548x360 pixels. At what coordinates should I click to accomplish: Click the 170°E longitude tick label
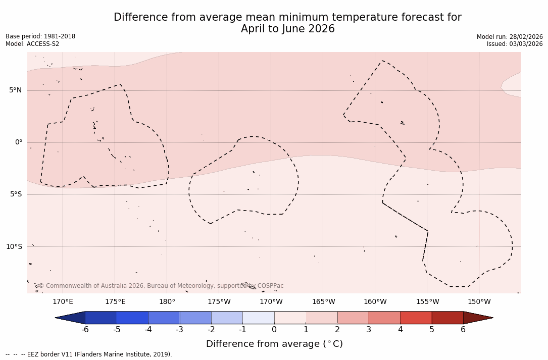pos(63,302)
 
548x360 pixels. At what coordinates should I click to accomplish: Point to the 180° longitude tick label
pos(167,302)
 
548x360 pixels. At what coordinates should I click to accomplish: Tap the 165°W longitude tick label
pos(323,302)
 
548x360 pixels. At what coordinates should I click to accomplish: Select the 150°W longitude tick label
pos(479,302)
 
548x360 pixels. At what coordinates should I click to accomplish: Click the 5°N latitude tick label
pos(15,90)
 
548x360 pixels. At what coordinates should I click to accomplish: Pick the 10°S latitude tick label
pos(14,247)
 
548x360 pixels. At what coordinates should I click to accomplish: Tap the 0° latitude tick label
pos(19,142)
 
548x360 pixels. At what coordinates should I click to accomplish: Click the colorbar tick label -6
pos(85,330)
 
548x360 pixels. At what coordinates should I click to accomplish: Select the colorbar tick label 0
pos(274,330)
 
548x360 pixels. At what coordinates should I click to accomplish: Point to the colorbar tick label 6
pos(463,330)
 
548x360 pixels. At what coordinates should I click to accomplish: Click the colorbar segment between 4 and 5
pos(416,318)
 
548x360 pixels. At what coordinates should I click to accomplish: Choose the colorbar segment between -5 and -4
pos(132,318)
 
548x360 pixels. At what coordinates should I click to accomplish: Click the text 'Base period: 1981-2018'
pos(40,36)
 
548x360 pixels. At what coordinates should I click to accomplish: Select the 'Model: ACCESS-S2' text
pos(32,44)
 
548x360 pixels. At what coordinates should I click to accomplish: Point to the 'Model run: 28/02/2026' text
pos(510,37)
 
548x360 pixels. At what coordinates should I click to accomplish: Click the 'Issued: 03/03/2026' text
pos(515,44)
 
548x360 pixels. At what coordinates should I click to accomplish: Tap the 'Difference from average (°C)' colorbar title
pos(274,344)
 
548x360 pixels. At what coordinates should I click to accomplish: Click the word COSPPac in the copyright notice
pos(270,286)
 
